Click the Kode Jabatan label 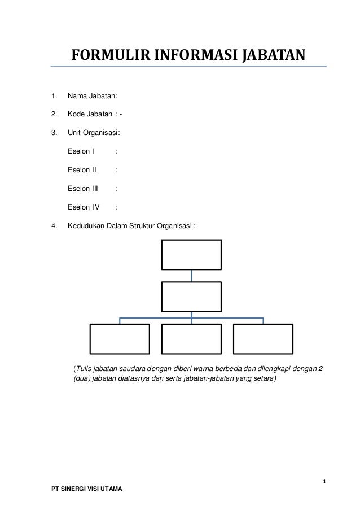tap(90, 115)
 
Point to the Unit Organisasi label tap(93, 133)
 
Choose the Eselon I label tap(81, 151)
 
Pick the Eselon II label tap(82, 170)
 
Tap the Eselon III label tap(83, 188)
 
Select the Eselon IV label tap(83, 207)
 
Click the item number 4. tap(54, 226)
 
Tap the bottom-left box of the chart tap(120, 338)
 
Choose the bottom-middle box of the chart tap(192, 338)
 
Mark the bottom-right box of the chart tap(264, 338)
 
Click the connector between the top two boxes tap(192, 276)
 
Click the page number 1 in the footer tap(324, 481)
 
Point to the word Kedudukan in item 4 tap(84, 226)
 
